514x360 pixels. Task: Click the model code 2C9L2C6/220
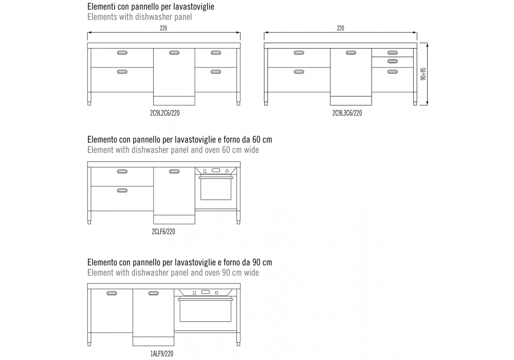point(164,113)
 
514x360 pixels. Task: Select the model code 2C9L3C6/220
point(347,113)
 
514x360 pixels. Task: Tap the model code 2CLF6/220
point(163,232)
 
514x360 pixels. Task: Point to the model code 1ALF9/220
point(162,354)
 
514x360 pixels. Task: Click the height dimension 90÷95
point(423,74)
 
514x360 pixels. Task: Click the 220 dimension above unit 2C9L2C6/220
point(163,28)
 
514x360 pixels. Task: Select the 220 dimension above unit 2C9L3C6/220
point(341,28)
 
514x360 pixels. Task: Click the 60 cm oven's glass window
point(216,189)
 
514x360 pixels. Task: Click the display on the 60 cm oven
point(216,170)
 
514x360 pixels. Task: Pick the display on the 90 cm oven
point(206,292)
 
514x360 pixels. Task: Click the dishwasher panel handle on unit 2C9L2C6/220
point(174,53)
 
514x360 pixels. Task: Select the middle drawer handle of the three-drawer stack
point(392,61)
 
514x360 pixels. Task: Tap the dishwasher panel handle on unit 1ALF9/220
point(153,293)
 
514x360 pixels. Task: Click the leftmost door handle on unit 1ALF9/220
point(112,293)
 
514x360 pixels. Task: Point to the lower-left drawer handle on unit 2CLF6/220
point(122,190)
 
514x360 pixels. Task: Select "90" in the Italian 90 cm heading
point(256,262)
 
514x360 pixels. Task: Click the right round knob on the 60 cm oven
point(227,171)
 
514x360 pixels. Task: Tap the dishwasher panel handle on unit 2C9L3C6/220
point(351,53)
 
